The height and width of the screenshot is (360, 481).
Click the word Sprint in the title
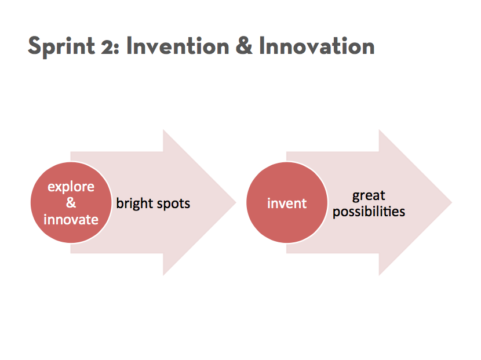pos(61,46)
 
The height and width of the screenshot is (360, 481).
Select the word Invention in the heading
pos(178,46)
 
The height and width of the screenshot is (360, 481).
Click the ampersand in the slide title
pos(244,46)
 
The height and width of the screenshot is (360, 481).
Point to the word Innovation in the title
pos(317,46)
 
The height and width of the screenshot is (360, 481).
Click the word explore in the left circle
pos(71,187)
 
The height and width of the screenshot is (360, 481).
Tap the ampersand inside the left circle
pos(71,202)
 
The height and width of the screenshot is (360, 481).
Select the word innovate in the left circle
pos(71,220)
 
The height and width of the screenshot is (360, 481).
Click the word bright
pos(134,204)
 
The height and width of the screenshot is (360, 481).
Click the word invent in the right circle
pos(287,203)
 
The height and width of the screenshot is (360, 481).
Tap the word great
pos(369,196)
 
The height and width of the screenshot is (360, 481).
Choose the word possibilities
pos(369,212)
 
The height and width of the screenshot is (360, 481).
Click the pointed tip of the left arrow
pos(236,202)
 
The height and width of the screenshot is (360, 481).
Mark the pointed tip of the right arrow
pos(452,202)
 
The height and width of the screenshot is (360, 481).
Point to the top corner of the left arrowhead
pos(163,130)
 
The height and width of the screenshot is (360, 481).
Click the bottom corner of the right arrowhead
pos(379,275)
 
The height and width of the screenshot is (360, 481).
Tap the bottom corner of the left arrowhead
pos(163,275)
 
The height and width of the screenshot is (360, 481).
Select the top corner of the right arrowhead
pos(379,130)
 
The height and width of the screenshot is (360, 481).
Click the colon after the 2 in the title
pos(117,49)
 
